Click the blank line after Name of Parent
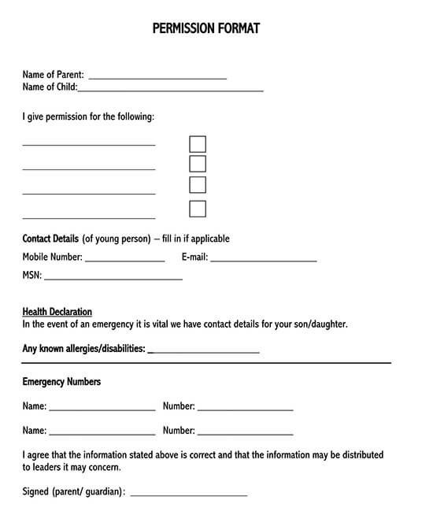coord(157,78)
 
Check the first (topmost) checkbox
coord(198,144)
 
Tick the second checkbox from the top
coord(198,164)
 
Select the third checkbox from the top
coord(198,184)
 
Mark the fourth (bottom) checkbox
coord(198,209)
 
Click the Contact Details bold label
coord(50,239)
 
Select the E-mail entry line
coord(263,260)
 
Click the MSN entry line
coord(113,278)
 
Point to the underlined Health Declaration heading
coord(57,312)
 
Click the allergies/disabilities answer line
coord(203,352)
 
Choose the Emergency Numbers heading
coord(61,382)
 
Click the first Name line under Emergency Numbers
coord(102,410)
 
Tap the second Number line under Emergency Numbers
coord(245,434)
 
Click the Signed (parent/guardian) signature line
coord(188,495)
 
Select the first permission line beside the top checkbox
coord(89,145)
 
